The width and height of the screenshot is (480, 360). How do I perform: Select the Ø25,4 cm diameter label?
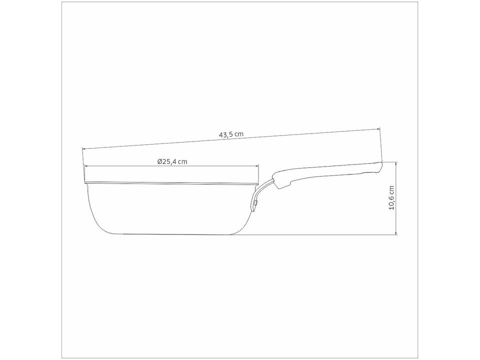tap(172, 161)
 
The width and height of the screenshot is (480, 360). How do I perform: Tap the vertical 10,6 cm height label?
tap(391, 198)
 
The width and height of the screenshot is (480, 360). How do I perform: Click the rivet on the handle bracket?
tap(255, 203)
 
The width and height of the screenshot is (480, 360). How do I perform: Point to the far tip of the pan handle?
tap(381, 163)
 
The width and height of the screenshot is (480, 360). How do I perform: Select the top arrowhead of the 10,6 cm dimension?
tap(396, 163)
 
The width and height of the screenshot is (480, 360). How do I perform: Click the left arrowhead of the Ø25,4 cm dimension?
tap(86, 166)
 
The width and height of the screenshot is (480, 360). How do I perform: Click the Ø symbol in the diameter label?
tap(159, 161)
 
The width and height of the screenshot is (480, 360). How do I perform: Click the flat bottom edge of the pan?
tap(170, 233)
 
